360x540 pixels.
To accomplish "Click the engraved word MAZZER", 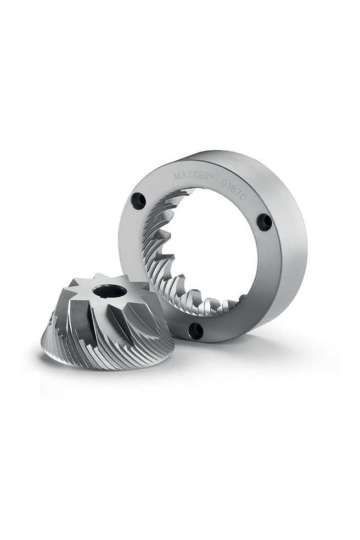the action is click(190, 176).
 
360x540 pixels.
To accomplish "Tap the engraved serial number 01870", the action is click(233, 189).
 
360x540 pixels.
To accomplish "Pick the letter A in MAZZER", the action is click(184, 176).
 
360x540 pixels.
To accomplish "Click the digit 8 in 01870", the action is click(233, 188).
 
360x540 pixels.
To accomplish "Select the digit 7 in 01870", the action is click(238, 192).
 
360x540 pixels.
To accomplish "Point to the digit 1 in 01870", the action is click(229, 185).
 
